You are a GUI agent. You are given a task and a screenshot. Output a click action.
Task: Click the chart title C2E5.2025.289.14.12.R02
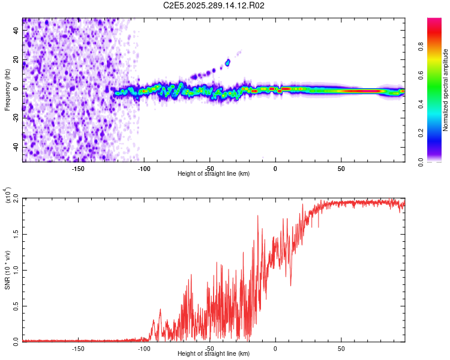[214, 6]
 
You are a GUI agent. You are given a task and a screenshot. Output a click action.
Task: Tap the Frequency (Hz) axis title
[7, 90]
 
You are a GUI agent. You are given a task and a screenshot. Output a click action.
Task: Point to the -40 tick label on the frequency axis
[14, 146]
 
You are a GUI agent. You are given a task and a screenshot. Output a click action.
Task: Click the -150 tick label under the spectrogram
[78, 168]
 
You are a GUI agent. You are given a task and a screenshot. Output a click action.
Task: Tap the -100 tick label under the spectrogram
[143, 168]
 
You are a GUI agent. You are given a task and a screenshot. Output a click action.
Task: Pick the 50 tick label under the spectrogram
[341, 168]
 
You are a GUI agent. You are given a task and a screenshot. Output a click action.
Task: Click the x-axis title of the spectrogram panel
[214, 174]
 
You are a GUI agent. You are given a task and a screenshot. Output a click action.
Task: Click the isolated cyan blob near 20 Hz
[227, 62]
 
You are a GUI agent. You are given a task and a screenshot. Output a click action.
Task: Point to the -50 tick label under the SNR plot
[209, 348]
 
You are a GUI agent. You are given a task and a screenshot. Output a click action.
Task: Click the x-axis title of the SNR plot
[214, 354]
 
